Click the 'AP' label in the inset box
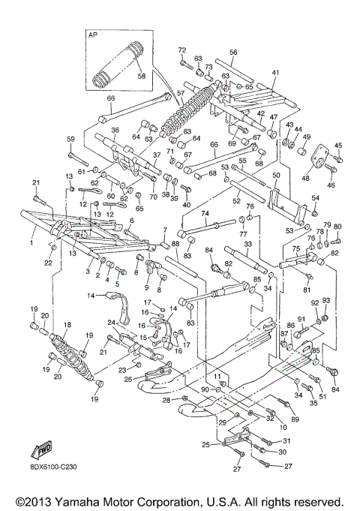pyautogui.click(x=94, y=35)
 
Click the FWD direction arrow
pyautogui.click(x=40, y=449)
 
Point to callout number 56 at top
pyautogui.click(x=233, y=53)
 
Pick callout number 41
pyautogui.click(x=275, y=73)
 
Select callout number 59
pyautogui.click(x=71, y=140)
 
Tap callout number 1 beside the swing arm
pyautogui.click(x=31, y=242)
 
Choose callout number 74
pyautogui.click(x=205, y=213)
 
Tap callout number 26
pyautogui.click(x=127, y=380)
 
